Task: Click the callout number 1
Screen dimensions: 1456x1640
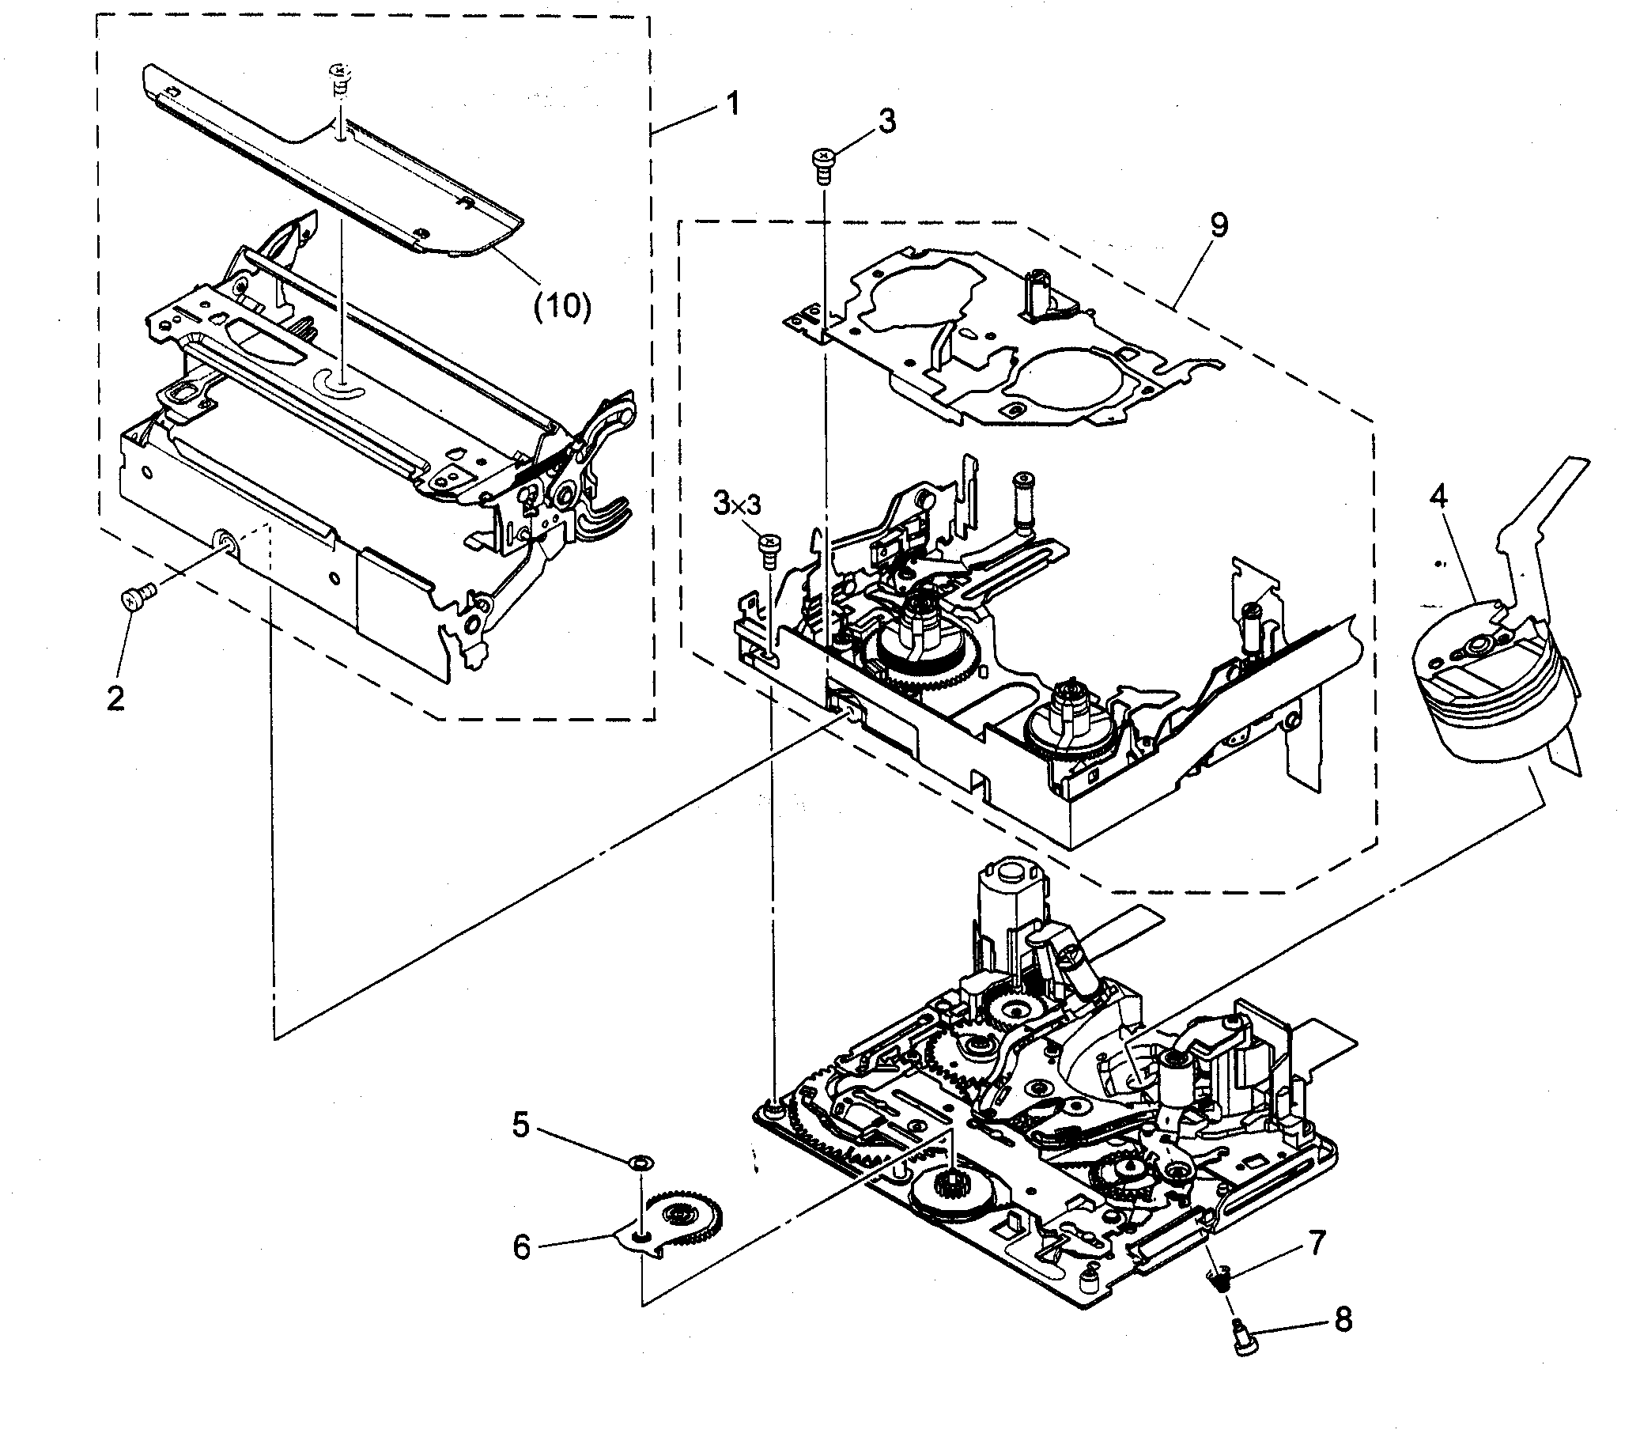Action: click(732, 104)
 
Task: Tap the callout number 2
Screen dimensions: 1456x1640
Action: click(115, 698)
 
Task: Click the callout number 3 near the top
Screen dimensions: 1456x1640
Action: click(886, 121)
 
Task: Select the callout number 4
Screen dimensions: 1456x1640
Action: click(1438, 497)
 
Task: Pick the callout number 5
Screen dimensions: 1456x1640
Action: click(521, 1126)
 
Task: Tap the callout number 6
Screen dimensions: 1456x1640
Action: click(522, 1247)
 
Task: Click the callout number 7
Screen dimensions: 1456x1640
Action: click(1317, 1243)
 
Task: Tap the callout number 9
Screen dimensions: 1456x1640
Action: click(1218, 225)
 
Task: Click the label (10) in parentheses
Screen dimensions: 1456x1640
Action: click(562, 306)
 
